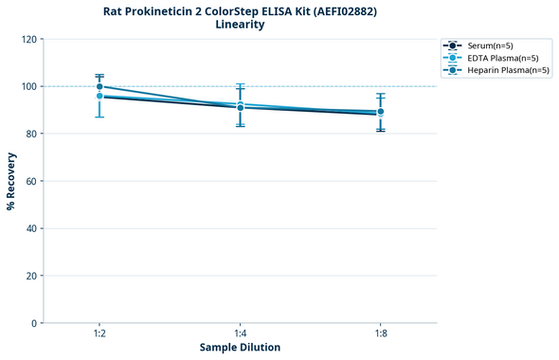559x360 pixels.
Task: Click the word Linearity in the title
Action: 240,25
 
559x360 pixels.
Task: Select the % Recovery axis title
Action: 11,180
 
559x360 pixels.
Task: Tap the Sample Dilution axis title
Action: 240,348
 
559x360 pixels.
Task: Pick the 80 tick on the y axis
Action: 30,134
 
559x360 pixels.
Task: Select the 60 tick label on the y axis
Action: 30,181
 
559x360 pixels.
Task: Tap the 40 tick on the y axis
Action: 30,228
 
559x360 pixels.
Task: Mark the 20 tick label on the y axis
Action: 30,276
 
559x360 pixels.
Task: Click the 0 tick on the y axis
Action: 33,323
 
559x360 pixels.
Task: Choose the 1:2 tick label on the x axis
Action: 99,333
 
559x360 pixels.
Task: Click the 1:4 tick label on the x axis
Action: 240,333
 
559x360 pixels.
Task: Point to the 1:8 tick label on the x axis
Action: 380,333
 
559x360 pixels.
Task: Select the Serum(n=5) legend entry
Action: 490,45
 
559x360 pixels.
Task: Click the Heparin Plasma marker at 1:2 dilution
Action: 99,86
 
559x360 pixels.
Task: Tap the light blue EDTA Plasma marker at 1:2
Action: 99,96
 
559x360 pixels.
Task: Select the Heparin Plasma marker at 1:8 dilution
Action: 380,112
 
